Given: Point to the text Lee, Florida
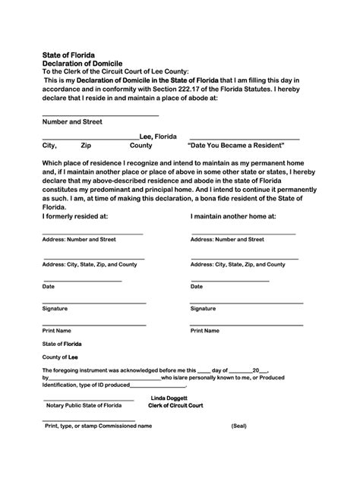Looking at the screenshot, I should coord(158,137).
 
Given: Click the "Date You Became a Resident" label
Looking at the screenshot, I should coord(235,145).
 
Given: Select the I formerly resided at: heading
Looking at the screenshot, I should coord(75,216).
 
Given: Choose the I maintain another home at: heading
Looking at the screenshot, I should coord(232,216).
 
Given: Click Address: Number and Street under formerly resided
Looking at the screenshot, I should coord(79,239).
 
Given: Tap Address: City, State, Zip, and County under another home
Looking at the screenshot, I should coord(238,265).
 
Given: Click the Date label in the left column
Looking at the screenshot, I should coord(48,287).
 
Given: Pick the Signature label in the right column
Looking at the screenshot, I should coord(203,309).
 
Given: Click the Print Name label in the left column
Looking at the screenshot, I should coord(57,331).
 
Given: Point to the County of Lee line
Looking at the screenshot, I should coord(60,356).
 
